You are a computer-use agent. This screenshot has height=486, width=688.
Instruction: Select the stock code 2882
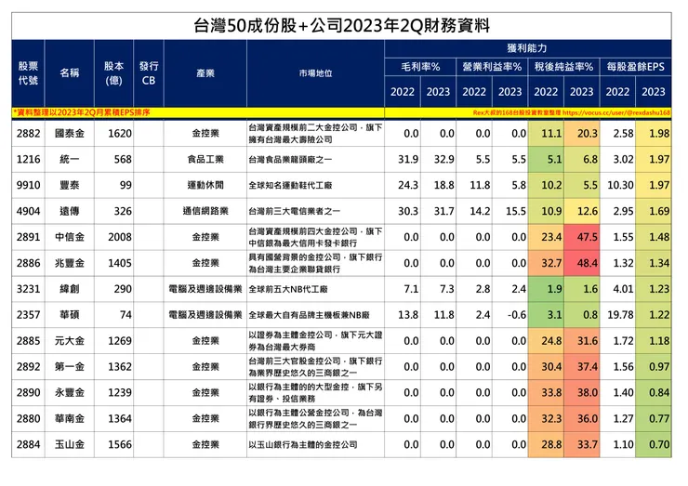tap(28, 134)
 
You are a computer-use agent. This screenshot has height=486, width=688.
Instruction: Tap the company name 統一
tap(69, 160)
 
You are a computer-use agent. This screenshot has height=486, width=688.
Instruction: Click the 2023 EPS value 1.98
tap(655, 134)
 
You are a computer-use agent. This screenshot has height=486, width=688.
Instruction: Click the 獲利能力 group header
tap(526, 46)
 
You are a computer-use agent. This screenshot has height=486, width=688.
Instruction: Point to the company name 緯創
tap(69, 289)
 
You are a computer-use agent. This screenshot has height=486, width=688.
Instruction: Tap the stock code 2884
tap(28, 445)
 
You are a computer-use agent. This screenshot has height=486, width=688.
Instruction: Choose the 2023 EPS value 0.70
tap(656, 445)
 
